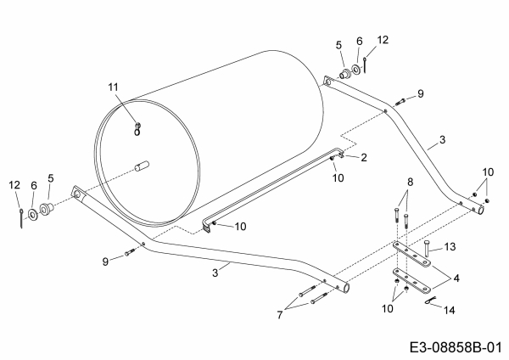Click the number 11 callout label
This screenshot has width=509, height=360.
point(115,87)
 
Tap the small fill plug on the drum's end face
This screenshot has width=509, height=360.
point(137,129)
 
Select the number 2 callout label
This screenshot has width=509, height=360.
point(363,157)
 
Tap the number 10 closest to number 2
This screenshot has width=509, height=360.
point(338,177)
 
